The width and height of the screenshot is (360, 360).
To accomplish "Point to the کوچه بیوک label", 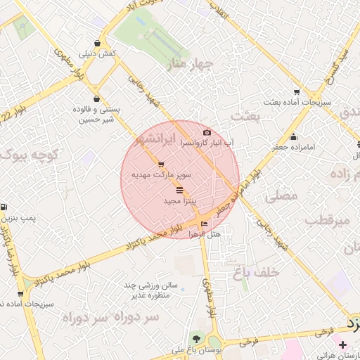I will pyautogui.click(x=28, y=154).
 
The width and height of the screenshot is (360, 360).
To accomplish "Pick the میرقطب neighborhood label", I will pyautogui.click(x=327, y=221).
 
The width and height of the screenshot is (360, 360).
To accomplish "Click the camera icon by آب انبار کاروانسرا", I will pyautogui.click(x=207, y=132).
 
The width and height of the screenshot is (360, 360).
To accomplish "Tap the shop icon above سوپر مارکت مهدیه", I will pyautogui.click(x=161, y=164).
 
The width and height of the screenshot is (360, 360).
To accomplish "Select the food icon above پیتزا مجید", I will pyautogui.click(x=180, y=191).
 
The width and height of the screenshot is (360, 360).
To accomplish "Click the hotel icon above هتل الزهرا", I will pyautogui.click(x=205, y=224).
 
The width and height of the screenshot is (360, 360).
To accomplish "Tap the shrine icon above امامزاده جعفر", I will pyautogui.click(x=293, y=136).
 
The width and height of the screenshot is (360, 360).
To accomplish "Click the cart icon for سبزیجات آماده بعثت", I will pyautogui.click(x=297, y=91).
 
